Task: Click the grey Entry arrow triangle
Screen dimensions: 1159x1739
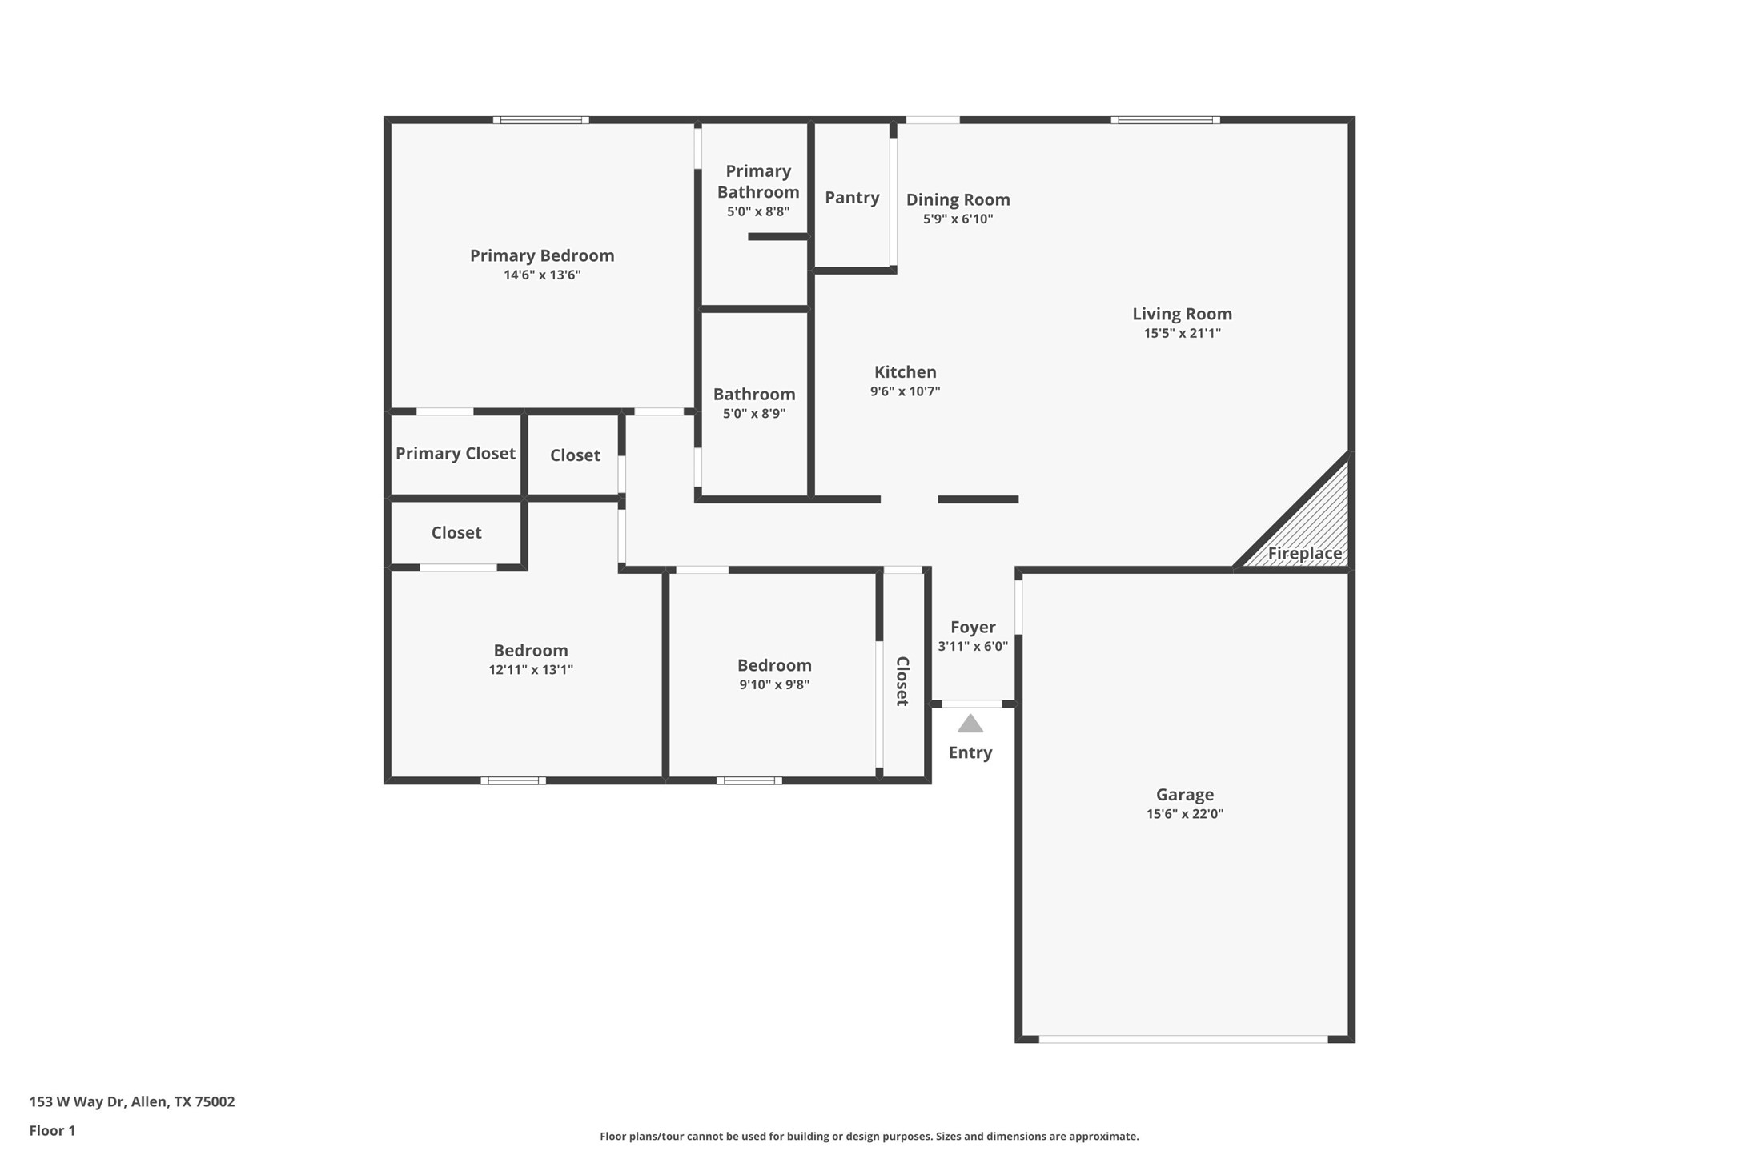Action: click(x=970, y=724)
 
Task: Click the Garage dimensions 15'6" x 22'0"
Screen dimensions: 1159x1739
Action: click(x=1184, y=814)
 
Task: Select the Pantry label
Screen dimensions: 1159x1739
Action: click(x=852, y=197)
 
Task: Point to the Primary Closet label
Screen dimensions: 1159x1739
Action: click(x=455, y=453)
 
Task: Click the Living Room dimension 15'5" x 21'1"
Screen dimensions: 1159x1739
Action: click(x=1182, y=333)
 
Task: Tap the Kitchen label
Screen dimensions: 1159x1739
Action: click(x=905, y=371)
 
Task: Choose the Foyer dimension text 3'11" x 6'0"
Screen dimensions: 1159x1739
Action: click(x=973, y=646)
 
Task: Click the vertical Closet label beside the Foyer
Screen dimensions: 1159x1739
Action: click(x=902, y=681)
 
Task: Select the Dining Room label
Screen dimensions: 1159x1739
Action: click(x=958, y=199)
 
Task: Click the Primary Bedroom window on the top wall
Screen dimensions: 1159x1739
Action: click(x=540, y=120)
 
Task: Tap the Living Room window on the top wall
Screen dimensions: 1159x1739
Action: click(x=1165, y=120)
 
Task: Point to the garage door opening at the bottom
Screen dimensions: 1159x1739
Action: click(x=1183, y=1039)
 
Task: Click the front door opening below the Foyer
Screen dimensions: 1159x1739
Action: click(x=971, y=704)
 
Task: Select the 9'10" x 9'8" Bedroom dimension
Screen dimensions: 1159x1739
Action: click(x=774, y=684)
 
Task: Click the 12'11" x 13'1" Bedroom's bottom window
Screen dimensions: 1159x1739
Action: click(x=513, y=780)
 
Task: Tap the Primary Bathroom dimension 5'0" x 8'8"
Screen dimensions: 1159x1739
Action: click(x=757, y=211)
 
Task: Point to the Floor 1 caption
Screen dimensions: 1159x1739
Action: click(x=52, y=1130)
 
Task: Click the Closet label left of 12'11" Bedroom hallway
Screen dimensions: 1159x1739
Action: click(x=456, y=532)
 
